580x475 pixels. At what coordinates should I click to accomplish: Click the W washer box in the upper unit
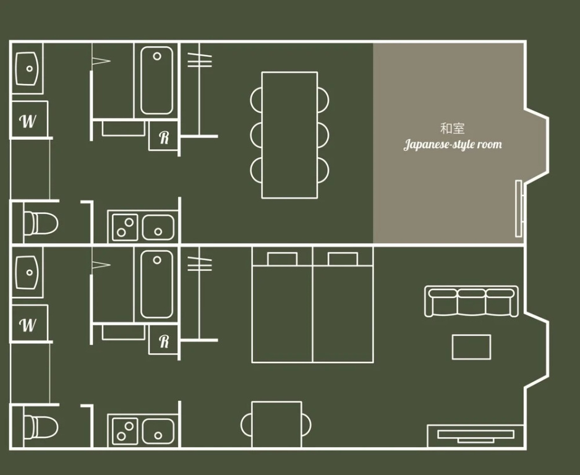[x=30, y=119]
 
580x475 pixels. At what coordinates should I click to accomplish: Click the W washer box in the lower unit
[x=30, y=323]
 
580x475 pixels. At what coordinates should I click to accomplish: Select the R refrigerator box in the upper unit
[x=164, y=136]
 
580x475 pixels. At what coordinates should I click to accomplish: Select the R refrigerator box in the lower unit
[x=164, y=340]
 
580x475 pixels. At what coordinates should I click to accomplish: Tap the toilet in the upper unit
[x=41, y=223]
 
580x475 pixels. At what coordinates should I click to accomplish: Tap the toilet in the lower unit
[x=41, y=427]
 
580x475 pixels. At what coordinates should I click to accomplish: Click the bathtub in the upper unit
[x=156, y=80]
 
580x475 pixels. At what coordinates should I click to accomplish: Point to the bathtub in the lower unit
[x=156, y=284]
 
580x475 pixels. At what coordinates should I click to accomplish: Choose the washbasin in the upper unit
[x=27, y=69]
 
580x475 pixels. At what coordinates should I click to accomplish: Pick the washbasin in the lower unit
[x=27, y=273]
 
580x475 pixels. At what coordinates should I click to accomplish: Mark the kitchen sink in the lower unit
[x=158, y=431]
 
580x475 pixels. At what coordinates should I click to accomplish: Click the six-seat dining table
[x=289, y=135]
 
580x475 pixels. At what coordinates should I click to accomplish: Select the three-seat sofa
[x=471, y=301]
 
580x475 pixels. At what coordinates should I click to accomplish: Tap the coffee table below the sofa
[x=471, y=347]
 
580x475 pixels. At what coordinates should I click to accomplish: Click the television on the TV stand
[x=476, y=436]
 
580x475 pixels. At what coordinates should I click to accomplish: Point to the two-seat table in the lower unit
[x=276, y=425]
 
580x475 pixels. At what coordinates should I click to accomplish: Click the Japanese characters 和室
[x=452, y=129]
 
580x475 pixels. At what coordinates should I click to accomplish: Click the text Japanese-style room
[x=453, y=144]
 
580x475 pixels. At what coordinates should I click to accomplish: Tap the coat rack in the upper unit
[x=200, y=90]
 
